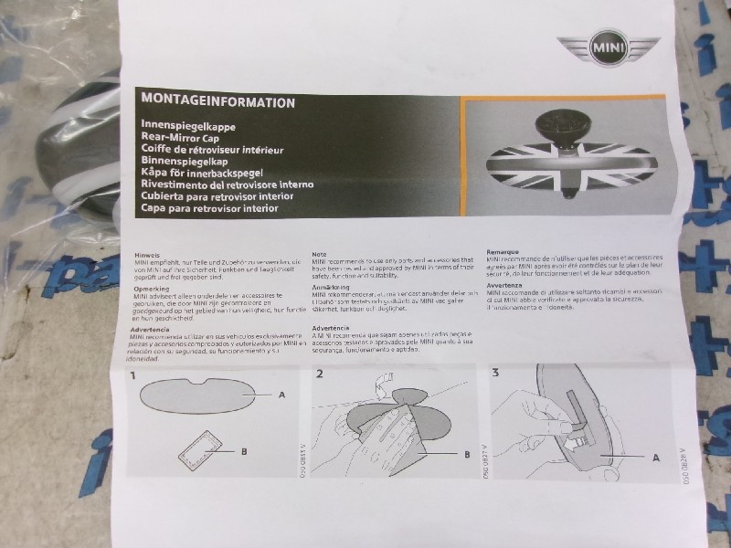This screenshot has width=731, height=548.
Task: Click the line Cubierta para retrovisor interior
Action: point(217,195)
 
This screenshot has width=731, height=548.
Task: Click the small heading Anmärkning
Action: point(331,287)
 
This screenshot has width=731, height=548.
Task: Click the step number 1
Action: point(133,374)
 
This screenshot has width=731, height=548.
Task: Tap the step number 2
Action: point(320,374)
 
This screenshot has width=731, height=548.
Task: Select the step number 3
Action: point(494,372)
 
